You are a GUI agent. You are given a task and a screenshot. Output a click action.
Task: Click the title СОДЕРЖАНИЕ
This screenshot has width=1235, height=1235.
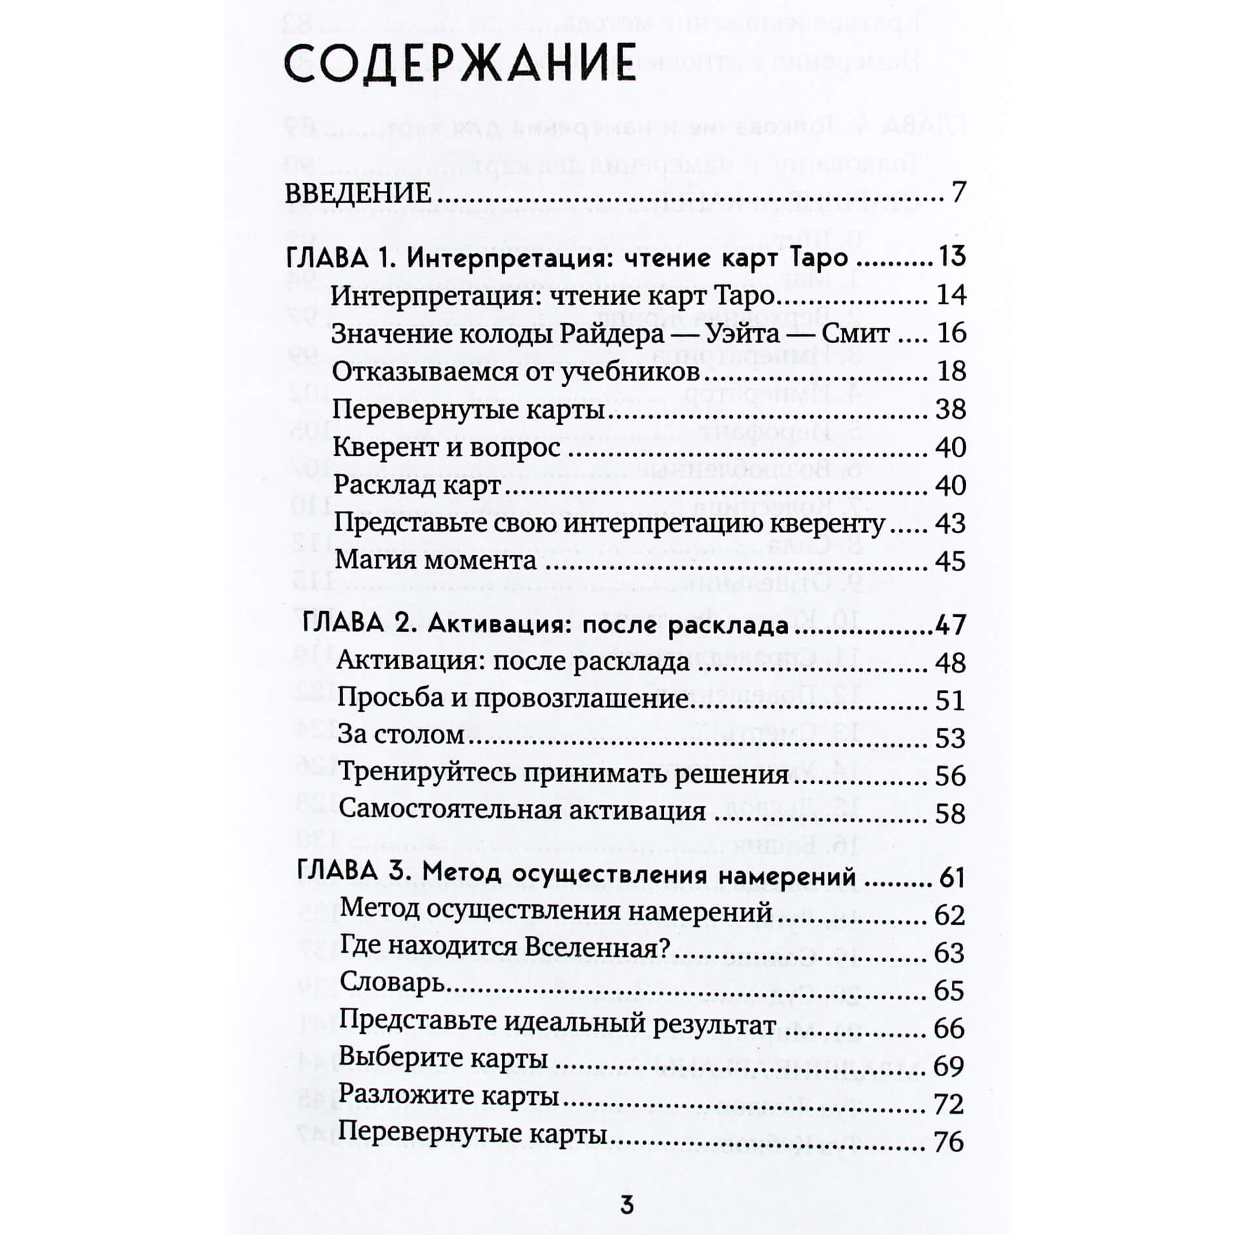tap(460, 64)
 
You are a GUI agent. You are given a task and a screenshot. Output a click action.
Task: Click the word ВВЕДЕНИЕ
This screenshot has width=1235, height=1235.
tap(358, 193)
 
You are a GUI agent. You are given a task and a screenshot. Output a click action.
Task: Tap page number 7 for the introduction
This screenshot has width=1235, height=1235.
tap(958, 193)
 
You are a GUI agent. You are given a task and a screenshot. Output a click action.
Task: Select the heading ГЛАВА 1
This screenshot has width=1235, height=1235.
tap(340, 257)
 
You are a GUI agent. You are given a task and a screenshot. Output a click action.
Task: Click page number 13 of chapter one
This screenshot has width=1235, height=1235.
tap(951, 256)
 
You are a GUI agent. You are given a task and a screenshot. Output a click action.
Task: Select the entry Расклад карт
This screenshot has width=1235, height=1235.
tap(417, 486)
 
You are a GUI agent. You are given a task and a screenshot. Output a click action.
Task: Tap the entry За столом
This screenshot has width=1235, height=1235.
tap(401, 736)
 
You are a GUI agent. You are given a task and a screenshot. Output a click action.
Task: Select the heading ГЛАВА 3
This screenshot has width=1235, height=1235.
tap(354, 874)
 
